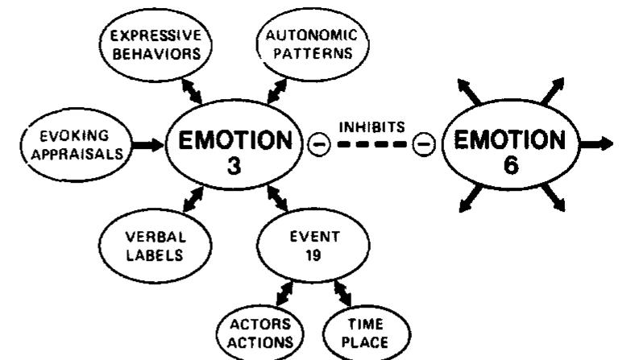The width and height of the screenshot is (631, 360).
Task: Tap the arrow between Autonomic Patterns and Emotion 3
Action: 275,91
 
